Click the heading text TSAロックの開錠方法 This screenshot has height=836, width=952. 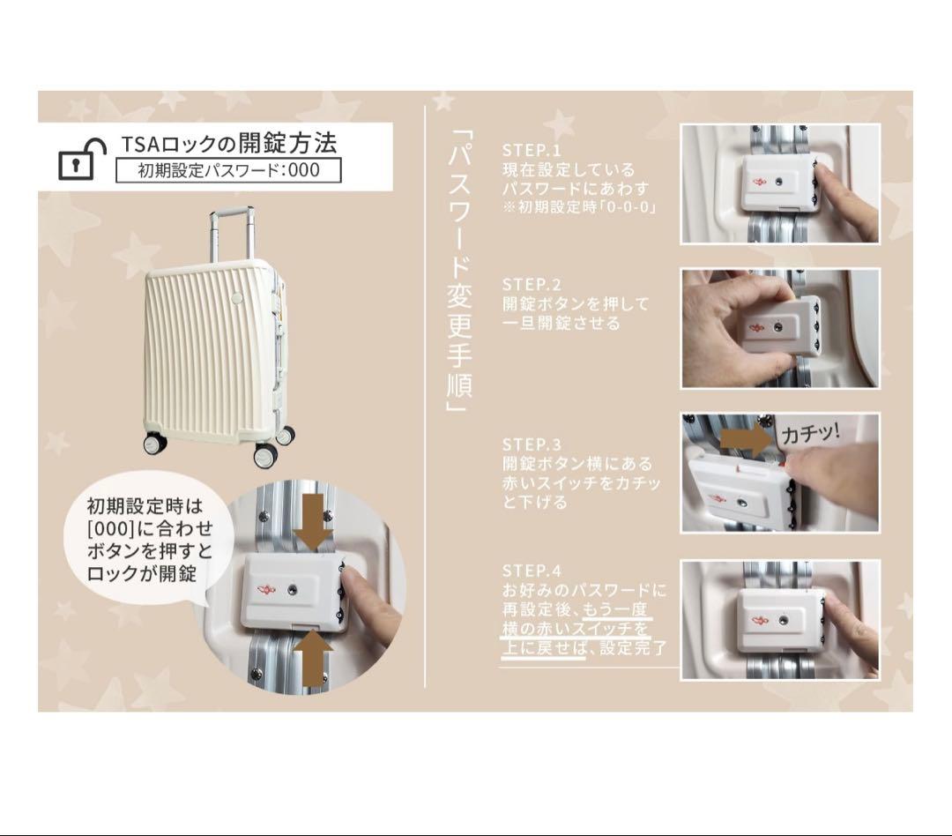(228, 144)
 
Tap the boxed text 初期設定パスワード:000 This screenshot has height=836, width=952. (228, 170)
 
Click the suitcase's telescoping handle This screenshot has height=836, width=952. (231, 234)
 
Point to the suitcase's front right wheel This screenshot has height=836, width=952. (265, 455)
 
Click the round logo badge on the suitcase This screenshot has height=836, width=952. (236, 298)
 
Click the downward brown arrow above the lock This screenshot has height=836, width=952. (313, 520)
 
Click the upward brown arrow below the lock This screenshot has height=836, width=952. (313, 657)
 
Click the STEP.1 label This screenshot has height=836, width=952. (532, 150)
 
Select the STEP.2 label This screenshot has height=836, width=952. (532, 284)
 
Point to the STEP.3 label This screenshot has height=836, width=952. (532, 444)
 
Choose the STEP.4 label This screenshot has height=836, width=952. (532, 571)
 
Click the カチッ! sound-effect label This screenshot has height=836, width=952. (810, 434)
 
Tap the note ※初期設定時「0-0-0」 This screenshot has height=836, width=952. (580, 208)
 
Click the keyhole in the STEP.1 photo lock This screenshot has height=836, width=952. (778, 182)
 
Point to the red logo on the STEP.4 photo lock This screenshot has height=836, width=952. (760, 621)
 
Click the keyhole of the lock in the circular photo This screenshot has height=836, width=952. (294, 588)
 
